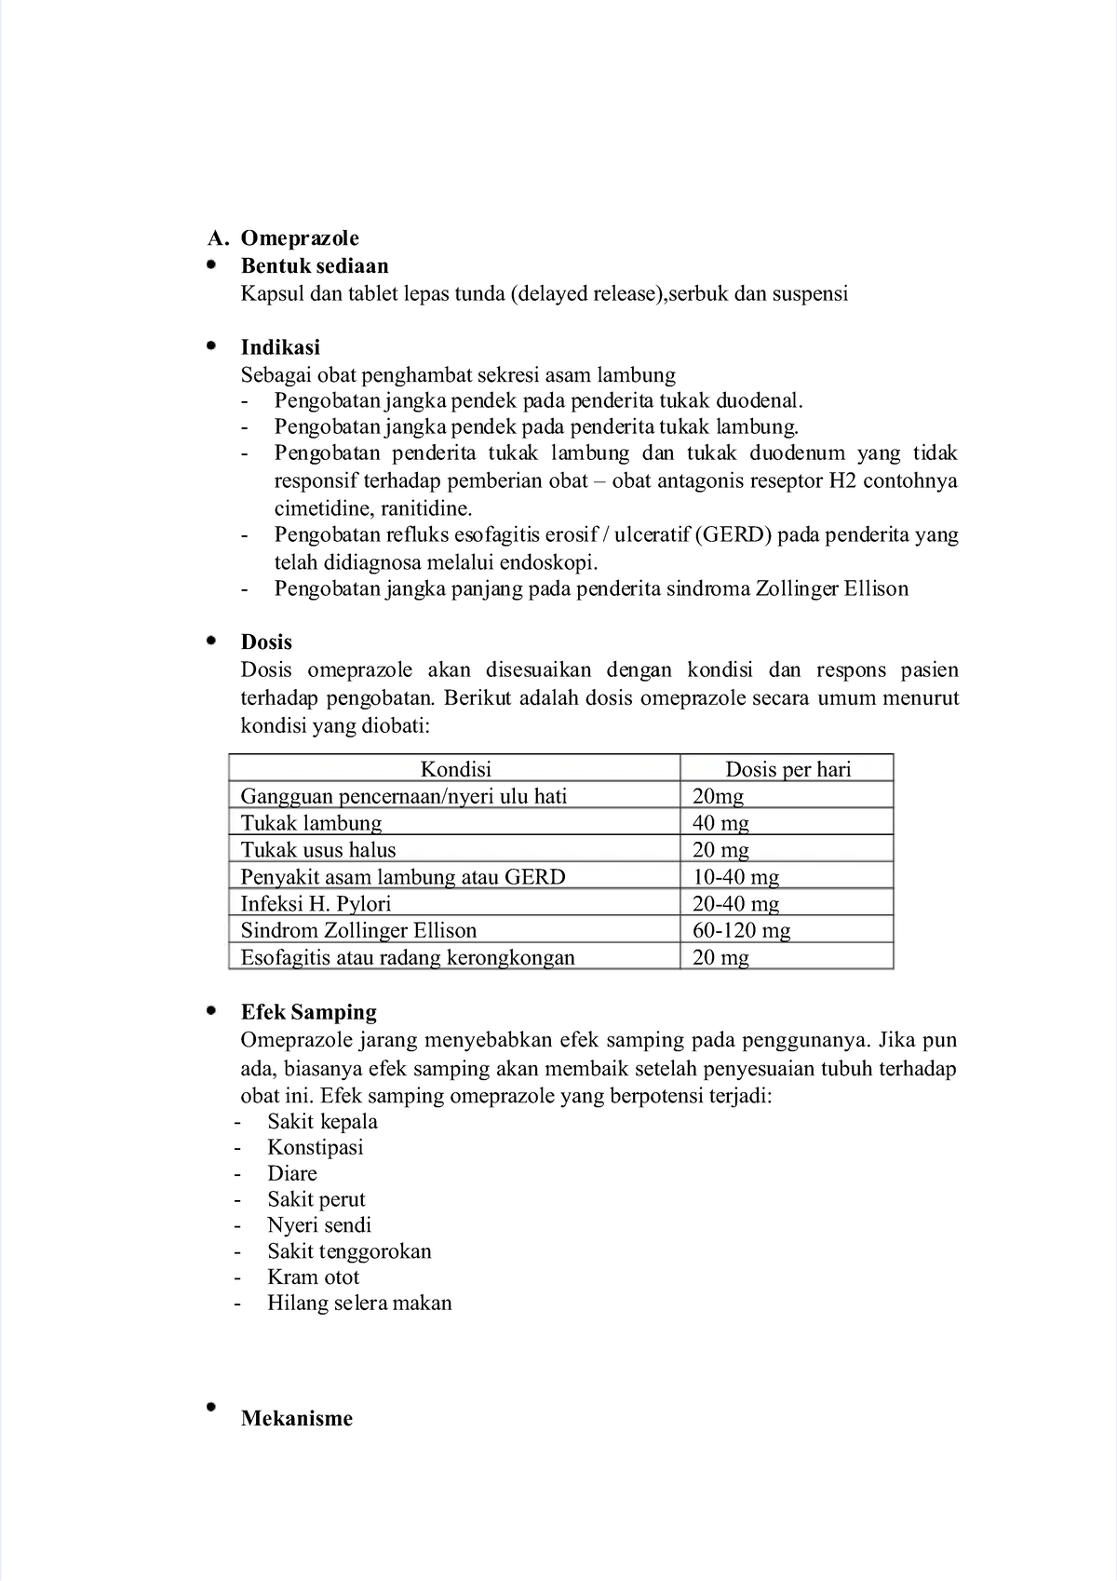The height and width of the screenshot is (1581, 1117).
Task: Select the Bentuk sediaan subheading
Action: (x=315, y=266)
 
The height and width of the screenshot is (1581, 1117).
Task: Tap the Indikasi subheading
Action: (x=280, y=347)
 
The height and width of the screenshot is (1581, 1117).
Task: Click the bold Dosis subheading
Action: (x=266, y=642)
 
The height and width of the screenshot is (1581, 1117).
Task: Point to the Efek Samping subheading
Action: (x=308, y=1012)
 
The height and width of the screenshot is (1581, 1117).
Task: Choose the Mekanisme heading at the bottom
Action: (x=296, y=1419)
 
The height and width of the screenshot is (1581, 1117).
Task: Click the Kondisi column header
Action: (x=455, y=769)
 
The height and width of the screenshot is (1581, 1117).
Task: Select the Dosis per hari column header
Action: (x=787, y=769)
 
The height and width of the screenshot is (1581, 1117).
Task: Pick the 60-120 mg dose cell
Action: (x=741, y=930)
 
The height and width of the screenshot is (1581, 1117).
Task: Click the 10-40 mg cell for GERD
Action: (x=735, y=876)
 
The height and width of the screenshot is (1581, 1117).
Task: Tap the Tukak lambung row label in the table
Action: (x=311, y=823)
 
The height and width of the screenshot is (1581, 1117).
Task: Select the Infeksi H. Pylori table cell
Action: (x=316, y=903)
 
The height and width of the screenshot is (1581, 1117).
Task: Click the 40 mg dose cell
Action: (x=720, y=823)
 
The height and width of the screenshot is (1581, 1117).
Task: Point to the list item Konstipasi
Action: (x=316, y=1147)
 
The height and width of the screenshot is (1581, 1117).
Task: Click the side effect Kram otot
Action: (x=313, y=1277)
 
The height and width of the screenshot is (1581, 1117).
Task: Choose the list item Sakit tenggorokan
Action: (x=349, y=1250)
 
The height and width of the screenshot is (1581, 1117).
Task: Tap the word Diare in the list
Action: (x=292, y=1173)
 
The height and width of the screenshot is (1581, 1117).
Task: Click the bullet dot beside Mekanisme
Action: (x=211, y=1407)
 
